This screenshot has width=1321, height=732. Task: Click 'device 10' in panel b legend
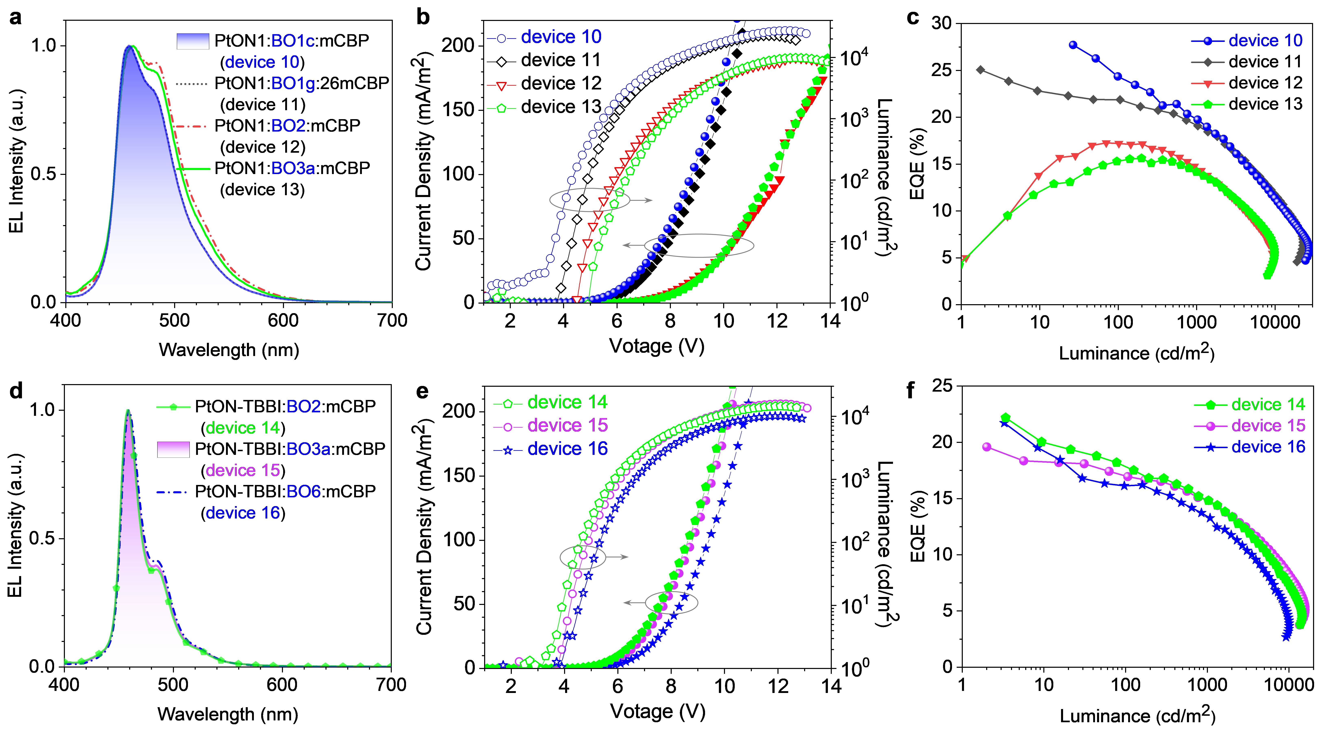[560, 37]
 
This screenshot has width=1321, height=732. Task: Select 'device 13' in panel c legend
[1265, 104]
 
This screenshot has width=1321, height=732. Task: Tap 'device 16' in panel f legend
[1268, 447]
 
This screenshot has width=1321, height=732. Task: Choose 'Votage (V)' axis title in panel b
[656, 346]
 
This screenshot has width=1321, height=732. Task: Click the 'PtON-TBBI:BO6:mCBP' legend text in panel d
[285, 492]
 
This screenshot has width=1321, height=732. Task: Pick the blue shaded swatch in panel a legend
[193, 41]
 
